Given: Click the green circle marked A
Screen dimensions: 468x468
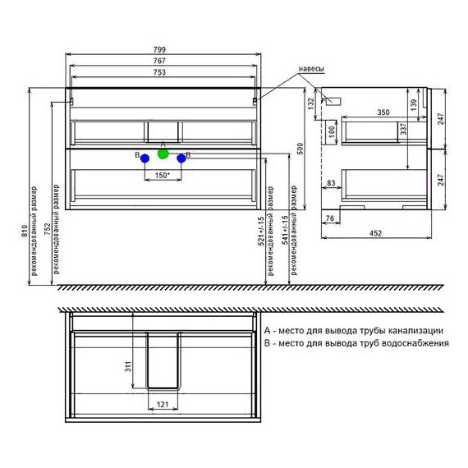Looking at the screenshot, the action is [x=163, y=154].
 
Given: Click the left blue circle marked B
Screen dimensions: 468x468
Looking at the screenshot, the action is [x=145, y=158].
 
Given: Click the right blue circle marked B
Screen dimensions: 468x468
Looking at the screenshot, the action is [x=181, y=158].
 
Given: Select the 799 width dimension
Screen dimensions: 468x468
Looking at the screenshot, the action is [x=159, y=49].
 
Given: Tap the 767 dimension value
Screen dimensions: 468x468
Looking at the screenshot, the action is [x=159, y=61].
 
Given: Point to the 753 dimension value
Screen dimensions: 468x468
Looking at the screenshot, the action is [x=159, y=72].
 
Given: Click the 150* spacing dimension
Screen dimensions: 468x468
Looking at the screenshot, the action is [x=162, y=176].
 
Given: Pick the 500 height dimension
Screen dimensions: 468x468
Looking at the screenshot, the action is [x=301, y=149].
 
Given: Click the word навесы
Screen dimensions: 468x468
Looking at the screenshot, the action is [x=311, y=69].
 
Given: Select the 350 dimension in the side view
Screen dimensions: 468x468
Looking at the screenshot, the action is [x=383, y=112].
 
